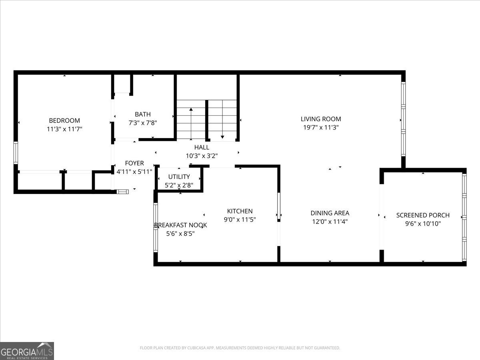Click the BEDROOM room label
64,120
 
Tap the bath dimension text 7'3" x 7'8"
143,123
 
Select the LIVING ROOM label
321,119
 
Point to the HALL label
202,147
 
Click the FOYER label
134,163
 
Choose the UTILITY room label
179,177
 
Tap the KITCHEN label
240,211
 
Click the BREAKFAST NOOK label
181,225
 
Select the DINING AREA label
330,213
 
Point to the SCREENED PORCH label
423,215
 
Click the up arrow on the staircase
191,124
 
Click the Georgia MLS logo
27,351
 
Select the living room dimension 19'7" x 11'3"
321,128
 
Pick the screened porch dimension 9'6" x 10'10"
423,224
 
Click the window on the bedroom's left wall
16,153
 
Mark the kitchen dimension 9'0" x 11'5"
240,220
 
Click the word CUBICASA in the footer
196,348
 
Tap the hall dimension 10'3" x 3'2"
202,156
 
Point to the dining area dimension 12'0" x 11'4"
330,222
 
